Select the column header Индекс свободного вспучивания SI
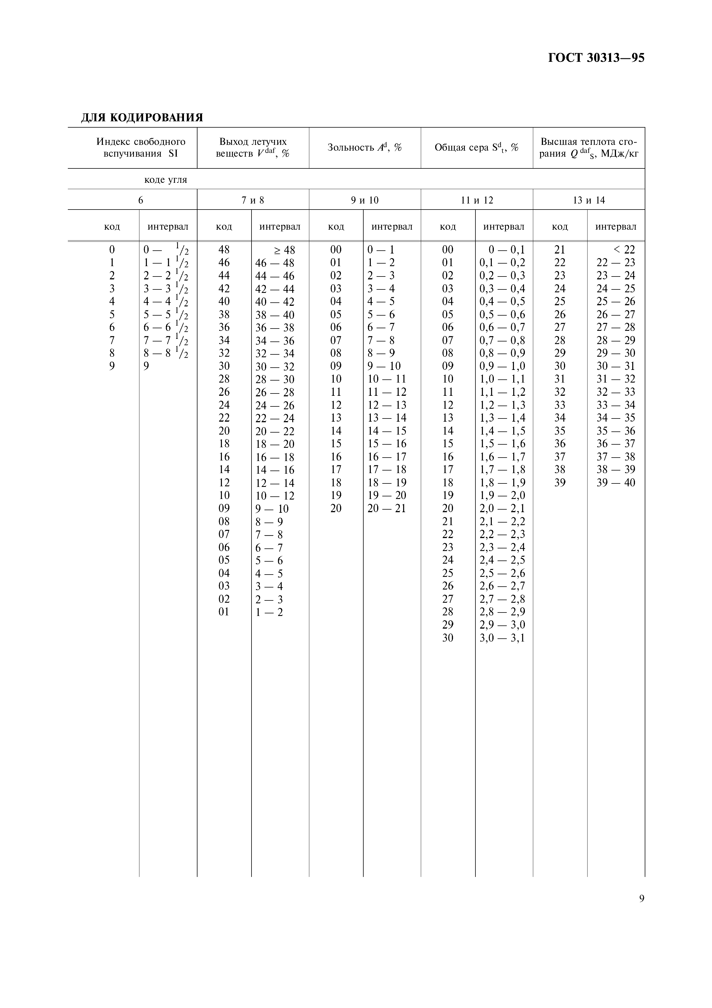pyautogui.click(x=141, y=147)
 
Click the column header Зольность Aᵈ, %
pyautogui.click(x=364, y=147)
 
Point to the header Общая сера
pyautogui.click(x=476, y=147)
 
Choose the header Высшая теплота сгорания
pyautogui.click(x=589, y=147)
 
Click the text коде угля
pyautogui.click(x=166, y=180)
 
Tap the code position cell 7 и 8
pyautogui.click(x=253, y=200)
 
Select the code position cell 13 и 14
pyautogui.click(x=589, y=200)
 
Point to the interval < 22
pyautogui.click(x=624, y=250)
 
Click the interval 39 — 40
pyautogui.click(x=615, y=483)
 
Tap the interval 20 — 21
pyautogui.click(x=387, y=508)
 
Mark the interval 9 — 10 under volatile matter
pyautogui.click(x=272, y=509)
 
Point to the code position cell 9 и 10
pyautogui.click(x=365, y=200)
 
